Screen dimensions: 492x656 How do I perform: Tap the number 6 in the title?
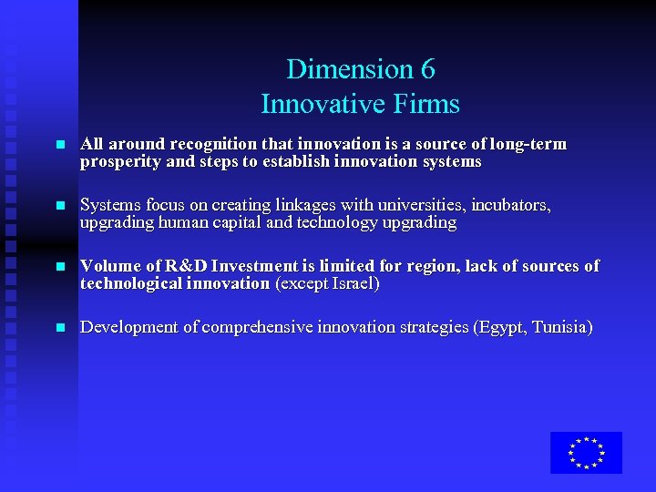click(427, 69)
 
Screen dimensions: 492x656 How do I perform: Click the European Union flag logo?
click(586, 453)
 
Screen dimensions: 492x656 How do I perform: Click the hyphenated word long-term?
click(528, 144)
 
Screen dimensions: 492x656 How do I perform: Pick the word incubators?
click(510, 205)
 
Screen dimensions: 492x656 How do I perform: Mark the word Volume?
click(107, 266)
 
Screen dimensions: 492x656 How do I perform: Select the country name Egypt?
click(502, 327)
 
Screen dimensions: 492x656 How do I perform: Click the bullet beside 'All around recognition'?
click(60, 145)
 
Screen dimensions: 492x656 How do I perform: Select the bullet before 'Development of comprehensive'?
click(60, 328)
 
